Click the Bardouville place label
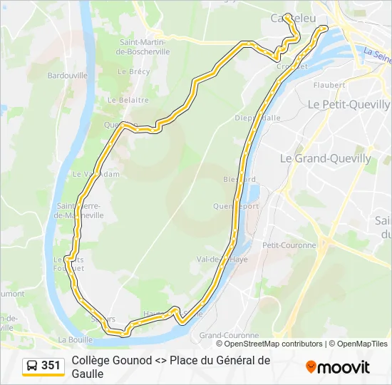tap(66, 75)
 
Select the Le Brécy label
tap(133, 71)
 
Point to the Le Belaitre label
tap(129, 101)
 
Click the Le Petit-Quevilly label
tap(348, 103)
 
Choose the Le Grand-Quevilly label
tap(325, 158)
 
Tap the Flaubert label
tap(329, 85)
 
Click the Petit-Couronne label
tap(289, 245)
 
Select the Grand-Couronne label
tap(229, 335)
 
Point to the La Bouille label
tap(76, 339)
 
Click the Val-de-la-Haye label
tap(222, 260)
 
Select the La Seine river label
tap(376, 53)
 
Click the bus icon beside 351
tap(33, 366)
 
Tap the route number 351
tap(51, 366)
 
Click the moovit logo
tap(338, 367)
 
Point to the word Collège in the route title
tap(91, 361)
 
